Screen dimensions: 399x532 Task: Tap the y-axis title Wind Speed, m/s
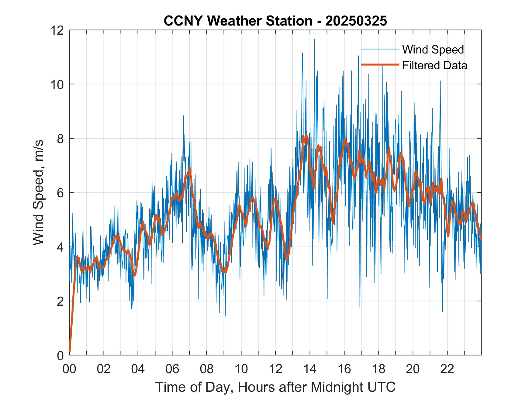(38, 192)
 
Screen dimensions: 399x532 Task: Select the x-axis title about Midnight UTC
(275, 387)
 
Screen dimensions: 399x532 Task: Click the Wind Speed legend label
(433, 50)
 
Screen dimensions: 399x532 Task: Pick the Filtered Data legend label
(434, 65)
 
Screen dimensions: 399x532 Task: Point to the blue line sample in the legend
(380, 49)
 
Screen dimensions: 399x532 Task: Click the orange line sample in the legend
(380, 65)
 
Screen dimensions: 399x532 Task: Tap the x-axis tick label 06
(172, 369)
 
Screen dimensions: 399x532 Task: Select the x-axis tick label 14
(310, 369)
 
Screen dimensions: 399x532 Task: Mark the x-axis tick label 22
(447, 369)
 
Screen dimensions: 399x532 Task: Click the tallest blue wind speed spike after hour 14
(314, 40)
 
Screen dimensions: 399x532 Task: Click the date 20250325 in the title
(356, 21)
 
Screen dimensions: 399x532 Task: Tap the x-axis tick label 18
(378, 369)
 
